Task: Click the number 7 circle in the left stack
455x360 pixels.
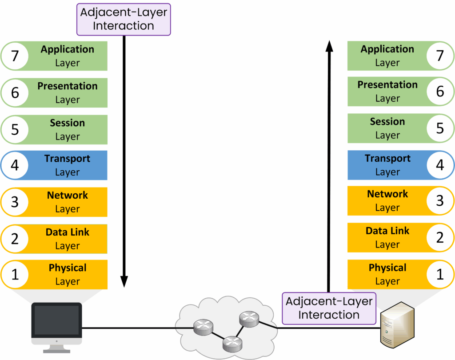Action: pos(15,56)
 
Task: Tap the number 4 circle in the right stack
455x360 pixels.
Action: pos(440,165)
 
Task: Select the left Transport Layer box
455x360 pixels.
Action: pos(67,165)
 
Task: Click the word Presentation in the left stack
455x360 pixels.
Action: pos(68,86)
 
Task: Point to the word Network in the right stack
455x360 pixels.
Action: pos(387,194)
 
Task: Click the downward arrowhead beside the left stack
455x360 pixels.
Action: pos(124,281)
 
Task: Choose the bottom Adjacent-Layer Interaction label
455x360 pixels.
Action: pos(329,308)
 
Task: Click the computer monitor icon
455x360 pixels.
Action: pos(56,322)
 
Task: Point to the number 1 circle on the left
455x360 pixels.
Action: pos(15,275)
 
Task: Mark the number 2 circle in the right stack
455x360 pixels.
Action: pos(440,237)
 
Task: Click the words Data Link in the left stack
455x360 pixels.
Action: pos(68,232)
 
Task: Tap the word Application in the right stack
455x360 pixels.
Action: pos(387,49)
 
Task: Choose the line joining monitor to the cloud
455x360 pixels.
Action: pos(133,328)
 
